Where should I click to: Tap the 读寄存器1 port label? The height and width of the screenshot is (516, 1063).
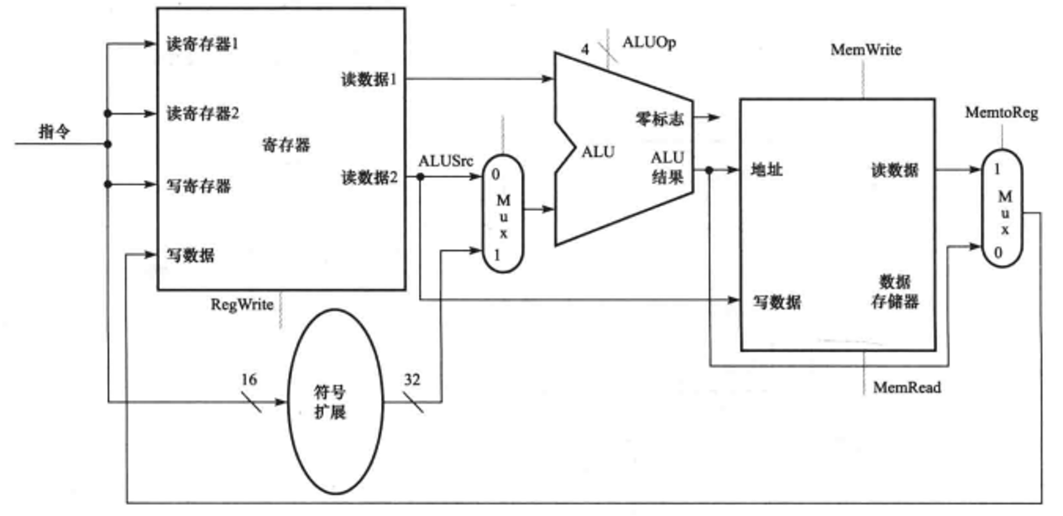tap(202, 44)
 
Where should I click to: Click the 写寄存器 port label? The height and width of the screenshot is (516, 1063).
tap(198, 185)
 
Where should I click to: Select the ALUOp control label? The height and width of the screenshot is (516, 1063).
tap(648, 41)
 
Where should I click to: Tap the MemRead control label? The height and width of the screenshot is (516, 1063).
tap(907, 388)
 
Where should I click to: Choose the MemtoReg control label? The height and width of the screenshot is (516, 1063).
tap(1003, 113)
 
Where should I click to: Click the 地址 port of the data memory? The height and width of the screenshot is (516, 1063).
tap(768, 171)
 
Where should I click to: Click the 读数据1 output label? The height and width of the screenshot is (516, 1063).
tap(369, 80)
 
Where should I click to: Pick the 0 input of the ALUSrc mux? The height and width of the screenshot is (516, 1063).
tap(496, 173)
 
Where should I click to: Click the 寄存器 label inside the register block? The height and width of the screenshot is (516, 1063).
tap(286, 145)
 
